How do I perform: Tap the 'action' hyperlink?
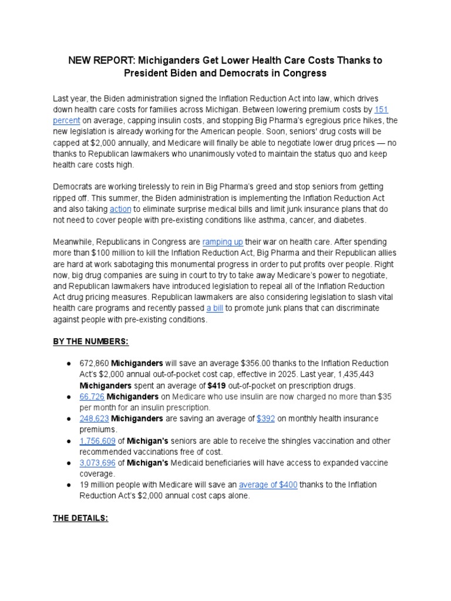point(120,209)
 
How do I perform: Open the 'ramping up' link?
point(222,242)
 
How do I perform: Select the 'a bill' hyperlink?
point(214,308)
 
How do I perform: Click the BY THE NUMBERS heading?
point(91,342)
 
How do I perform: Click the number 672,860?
point(94,363)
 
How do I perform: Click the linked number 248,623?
point(94,418)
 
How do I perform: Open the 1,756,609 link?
point(97,441)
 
